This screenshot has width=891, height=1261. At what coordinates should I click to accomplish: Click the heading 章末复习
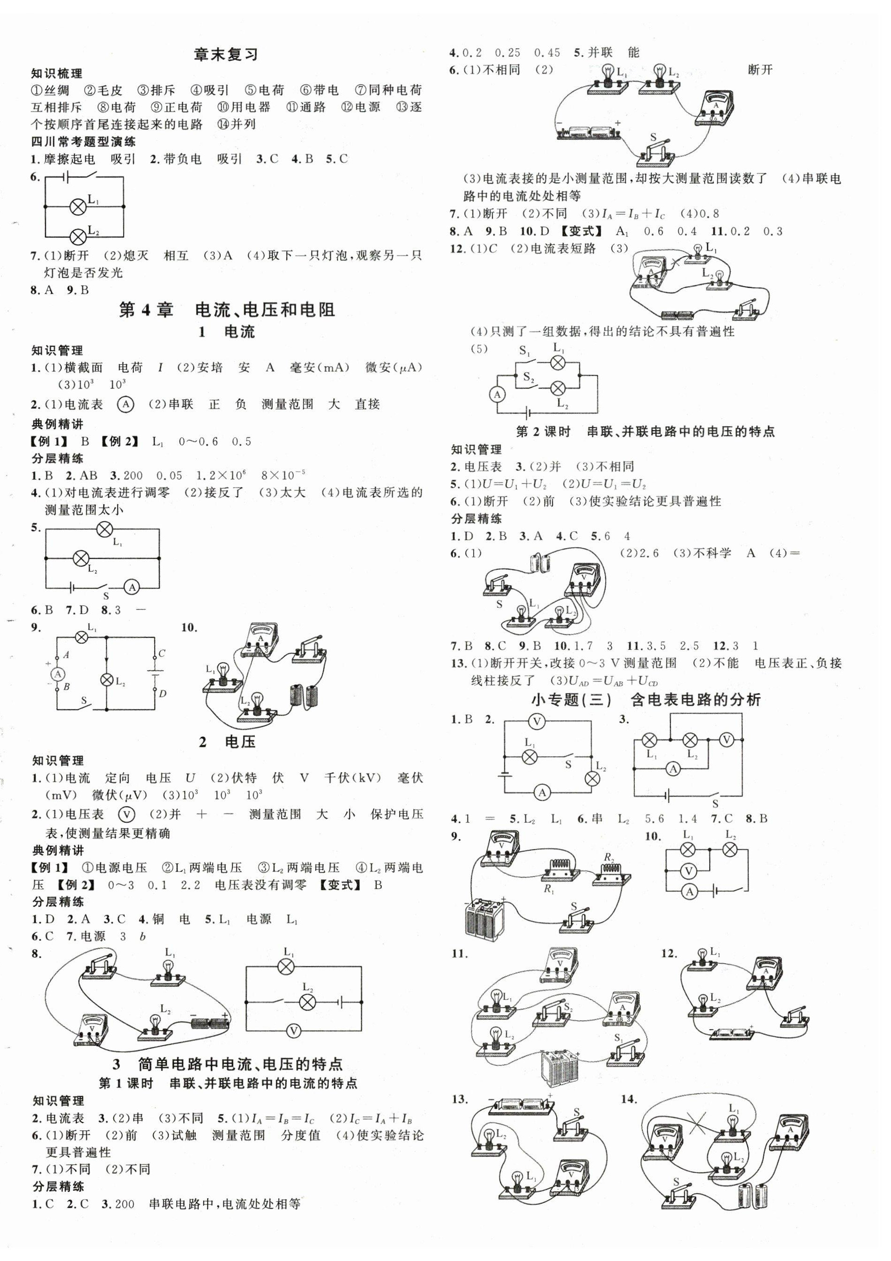226,55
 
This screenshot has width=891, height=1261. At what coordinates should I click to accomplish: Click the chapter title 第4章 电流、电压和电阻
227,310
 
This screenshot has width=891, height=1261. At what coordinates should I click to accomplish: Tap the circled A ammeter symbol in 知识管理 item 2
126,405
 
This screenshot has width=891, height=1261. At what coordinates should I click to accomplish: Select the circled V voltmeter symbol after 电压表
127,814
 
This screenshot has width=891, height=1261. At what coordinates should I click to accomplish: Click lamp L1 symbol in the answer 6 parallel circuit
79,206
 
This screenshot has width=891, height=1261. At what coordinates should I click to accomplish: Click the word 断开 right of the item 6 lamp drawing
760,70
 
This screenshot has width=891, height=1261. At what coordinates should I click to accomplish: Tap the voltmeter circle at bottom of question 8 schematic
293,1032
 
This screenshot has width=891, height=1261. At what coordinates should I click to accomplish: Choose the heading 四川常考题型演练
83,142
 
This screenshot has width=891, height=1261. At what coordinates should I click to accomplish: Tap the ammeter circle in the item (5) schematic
497,394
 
